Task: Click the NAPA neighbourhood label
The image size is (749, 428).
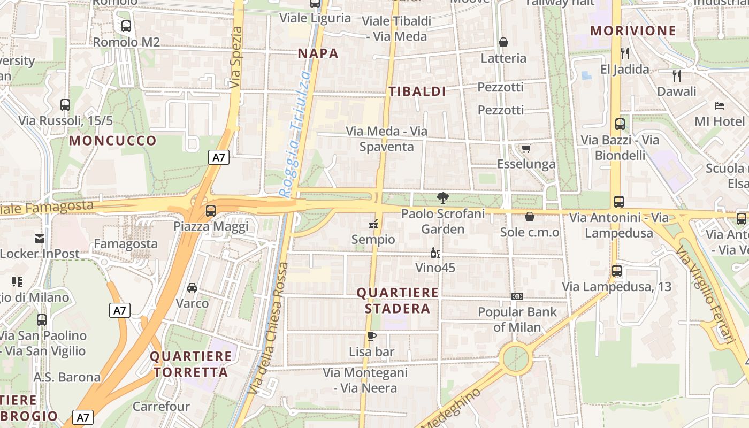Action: click(318, 53)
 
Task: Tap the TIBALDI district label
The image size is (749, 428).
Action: click(417, 91)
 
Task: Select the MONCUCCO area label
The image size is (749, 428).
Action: click(113, 141)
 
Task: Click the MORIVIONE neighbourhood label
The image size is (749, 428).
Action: click(633, 31)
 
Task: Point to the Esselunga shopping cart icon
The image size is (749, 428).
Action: click(526, 148)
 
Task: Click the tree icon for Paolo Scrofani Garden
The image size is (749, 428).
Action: click(442, 198)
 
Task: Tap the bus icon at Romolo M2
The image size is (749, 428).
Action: click(126, 26)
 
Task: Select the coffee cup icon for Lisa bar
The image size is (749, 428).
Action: click(372, 336)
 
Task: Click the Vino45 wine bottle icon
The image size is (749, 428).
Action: click(435, 253)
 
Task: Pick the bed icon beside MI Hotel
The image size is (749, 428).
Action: click(719, 106)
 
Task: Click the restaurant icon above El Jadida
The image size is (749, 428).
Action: click(624, 53)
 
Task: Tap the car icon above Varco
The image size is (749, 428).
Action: click(192, 288)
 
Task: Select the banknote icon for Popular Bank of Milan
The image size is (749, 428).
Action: click(517, 296)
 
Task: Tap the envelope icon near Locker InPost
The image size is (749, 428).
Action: click(40, 238)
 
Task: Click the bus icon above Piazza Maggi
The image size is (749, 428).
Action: click(211, 211)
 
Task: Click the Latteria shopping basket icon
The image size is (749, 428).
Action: click(503, 42)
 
